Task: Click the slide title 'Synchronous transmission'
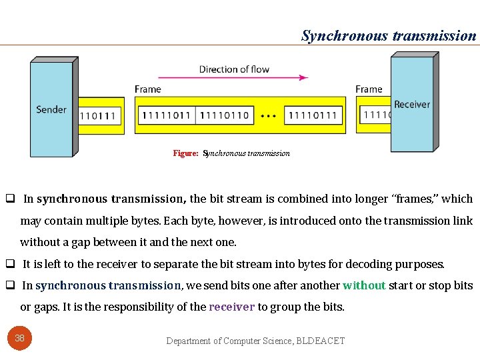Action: coord(389,35)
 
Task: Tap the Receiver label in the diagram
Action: coord(411,104)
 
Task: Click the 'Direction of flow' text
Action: coord(234,69)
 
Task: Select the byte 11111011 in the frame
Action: coord(165,115)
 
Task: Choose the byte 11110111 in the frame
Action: coord(313,115)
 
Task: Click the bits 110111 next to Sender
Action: coord(97,116)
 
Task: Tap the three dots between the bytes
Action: coord(268,116)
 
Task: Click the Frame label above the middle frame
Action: coord(147,89)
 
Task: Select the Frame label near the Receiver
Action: coord(369,89)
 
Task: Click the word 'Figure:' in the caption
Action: coord(185,153)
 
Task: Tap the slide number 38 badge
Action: coord(20,338)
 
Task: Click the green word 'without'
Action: coord(364,285)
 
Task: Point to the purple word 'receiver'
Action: coord(232,307)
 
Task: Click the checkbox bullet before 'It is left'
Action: coord(11,264)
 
